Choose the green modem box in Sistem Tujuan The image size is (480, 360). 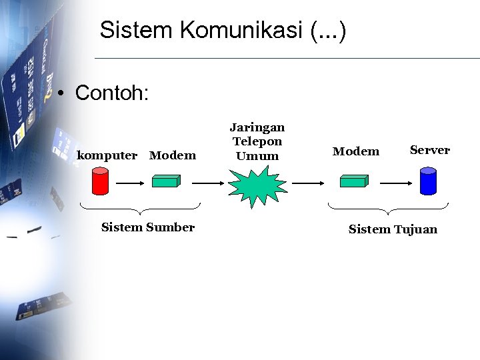tap(354, 180)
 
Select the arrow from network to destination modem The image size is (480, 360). tap(308, 181)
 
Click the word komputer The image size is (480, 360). tap(107, 155)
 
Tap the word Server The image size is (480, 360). tap(430, 150)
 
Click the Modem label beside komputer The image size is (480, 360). tap(173, 155)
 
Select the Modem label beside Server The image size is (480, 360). tap(356, 151)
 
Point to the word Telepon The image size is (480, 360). tap(257, 141)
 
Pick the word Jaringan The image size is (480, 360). tap(257, 127)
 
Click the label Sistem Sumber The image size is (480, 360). tap(148, 227)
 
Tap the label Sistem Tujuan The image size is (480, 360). tap(393, 229)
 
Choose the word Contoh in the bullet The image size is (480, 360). tap(110, 93)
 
